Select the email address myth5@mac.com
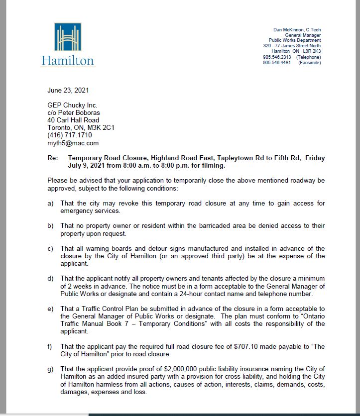click(73, 143)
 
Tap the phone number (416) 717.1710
click(70, 135)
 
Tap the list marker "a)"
click(51, 204)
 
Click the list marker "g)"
click(51, 369)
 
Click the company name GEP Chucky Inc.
click(72, 105)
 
